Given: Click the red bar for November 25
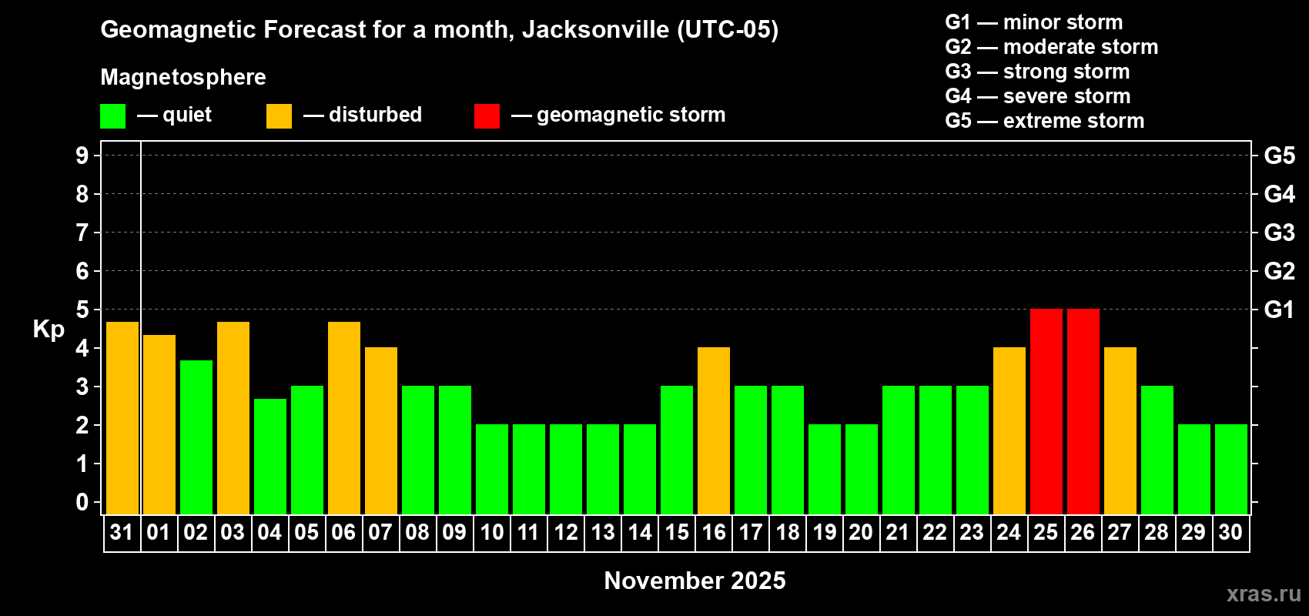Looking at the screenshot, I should tap(1046, 411).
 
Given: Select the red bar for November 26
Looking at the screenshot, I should tap(1083, 411).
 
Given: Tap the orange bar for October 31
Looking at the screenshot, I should tap(122, 418).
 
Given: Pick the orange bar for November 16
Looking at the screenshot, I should tap(713, 430).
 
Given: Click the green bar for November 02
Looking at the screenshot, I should tap(196, 437).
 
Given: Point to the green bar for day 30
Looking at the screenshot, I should tap(1230, 469).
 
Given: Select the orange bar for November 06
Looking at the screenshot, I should tap(343, 418).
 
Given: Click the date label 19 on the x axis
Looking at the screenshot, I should tap(824, 532).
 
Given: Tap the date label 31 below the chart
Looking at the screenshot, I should tap(122, 532).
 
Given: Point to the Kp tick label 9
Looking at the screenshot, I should tap(82, 156).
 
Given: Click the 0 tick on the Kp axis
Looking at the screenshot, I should tap(82, 502).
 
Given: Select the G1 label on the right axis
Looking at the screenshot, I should tap(1279, 310).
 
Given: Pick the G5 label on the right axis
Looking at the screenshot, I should tap(1279, 156).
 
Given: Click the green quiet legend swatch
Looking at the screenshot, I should tap(112, 116).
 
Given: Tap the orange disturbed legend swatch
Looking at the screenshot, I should tap(279, 116).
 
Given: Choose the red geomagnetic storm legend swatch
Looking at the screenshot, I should tap(487, 116).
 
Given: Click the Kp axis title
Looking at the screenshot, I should tap(49, 329).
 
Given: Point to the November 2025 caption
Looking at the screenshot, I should tap(695, 581).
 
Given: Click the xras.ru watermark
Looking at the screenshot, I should tap(1264, 594).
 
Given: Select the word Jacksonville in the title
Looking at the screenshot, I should tap(595, 30).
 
